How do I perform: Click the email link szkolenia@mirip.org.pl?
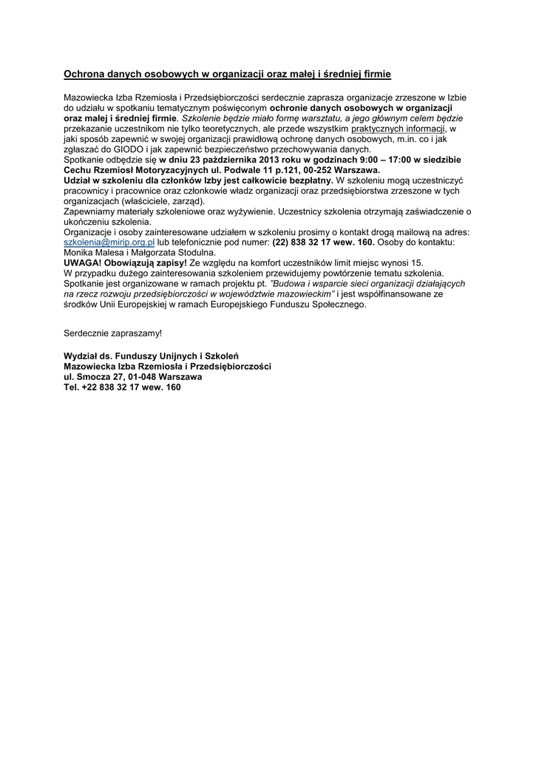tap(109, 242)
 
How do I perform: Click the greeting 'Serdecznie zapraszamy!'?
tap(112, 333)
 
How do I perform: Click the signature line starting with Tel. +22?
tap(122, 387)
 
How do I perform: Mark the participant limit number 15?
tap(418, 262)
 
